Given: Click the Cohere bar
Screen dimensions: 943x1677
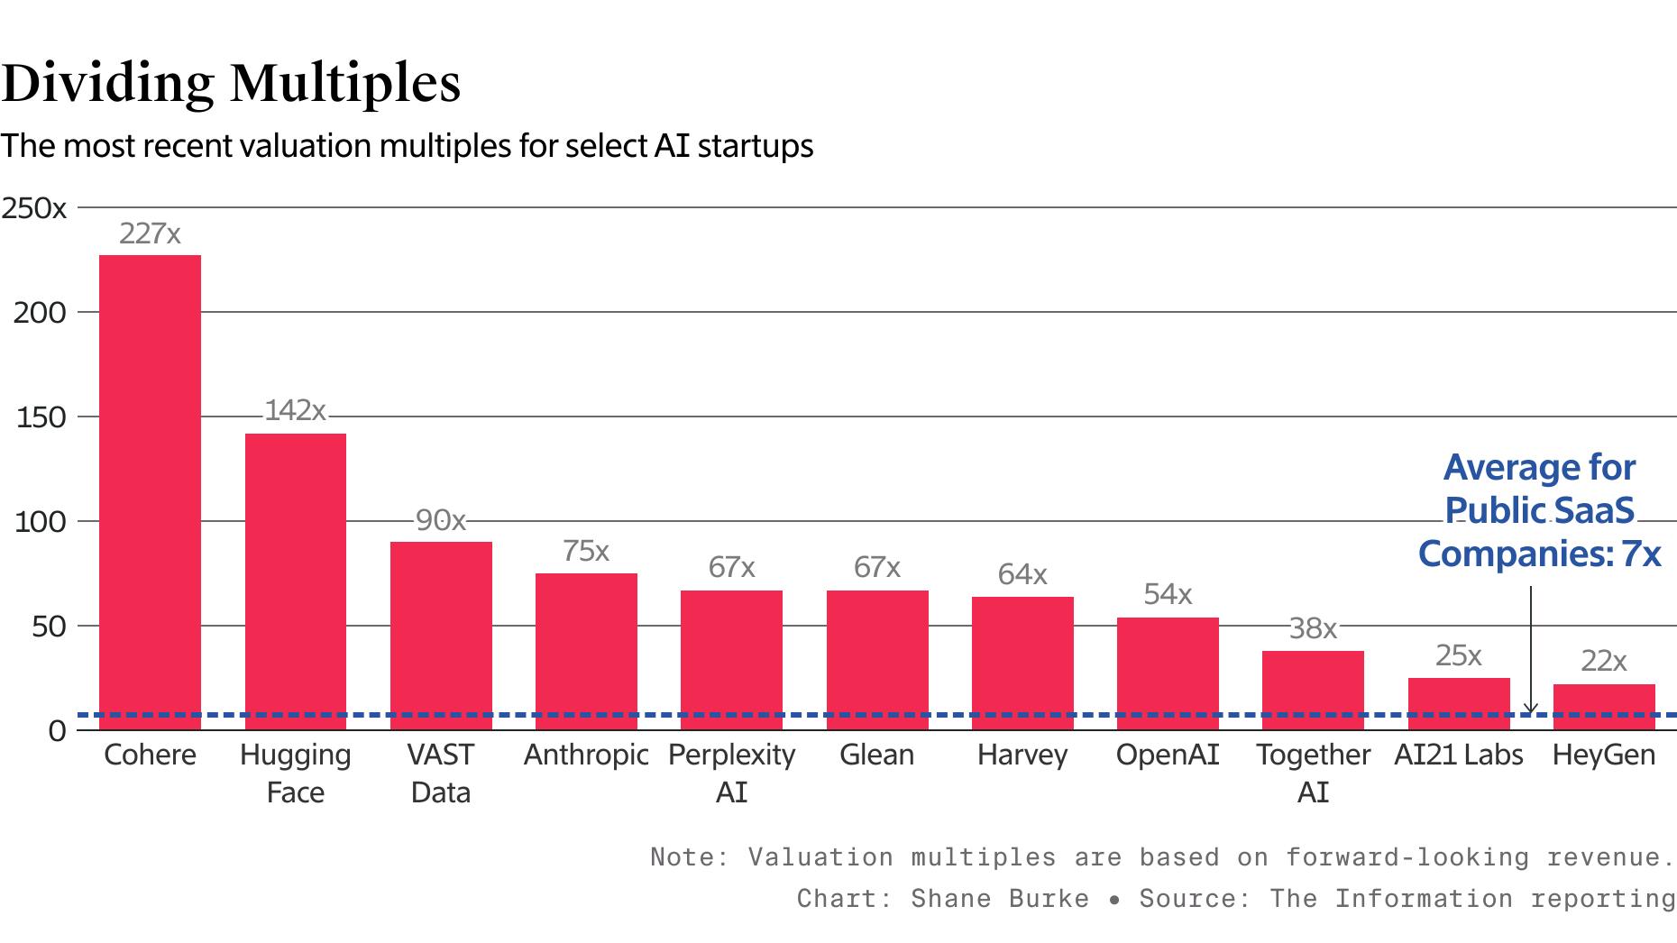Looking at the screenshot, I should click(x=150, y=491).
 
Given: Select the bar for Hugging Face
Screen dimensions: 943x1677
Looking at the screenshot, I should click(x=296, y=581).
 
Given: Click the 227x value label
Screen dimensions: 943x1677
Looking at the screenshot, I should click(x=150, y=234).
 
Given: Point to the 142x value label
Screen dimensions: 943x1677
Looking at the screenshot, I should click(x=295, y=411).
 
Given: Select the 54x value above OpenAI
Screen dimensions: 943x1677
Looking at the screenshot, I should click(x=1168, y=594).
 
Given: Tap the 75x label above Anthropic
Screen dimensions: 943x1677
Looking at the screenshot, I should click(x=586, y=551).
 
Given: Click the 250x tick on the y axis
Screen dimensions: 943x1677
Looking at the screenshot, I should click(x=34, y=209).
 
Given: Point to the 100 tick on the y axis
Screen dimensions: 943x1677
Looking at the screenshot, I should click(x=41, y=522).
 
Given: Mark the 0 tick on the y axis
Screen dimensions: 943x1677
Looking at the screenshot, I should click(x=57, y=731).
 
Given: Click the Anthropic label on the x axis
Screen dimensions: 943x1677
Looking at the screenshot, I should click(x=586, y=755).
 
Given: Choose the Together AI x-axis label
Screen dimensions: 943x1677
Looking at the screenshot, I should click(x=1313, y=773).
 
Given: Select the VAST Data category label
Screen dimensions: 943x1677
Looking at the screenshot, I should click(x=441, y=773).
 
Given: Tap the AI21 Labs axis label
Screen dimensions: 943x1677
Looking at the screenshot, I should click(x=1458, y=755).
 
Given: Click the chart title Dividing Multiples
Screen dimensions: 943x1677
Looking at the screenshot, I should click(x=231, y=83).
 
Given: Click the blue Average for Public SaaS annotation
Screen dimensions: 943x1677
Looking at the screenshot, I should click(x=1539, y=510).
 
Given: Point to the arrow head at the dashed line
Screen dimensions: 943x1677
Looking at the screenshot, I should click(x=1530, y=710).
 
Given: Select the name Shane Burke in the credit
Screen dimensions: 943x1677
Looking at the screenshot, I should click(x=999, y=899).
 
